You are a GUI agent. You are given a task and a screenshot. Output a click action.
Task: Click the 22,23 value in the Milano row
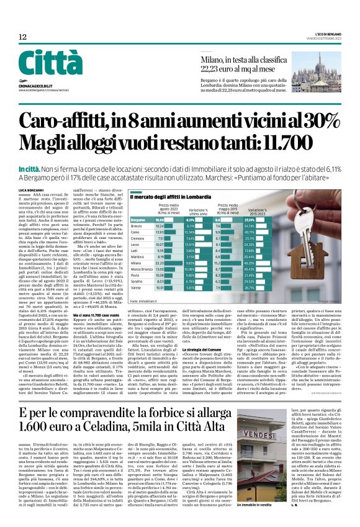tap(160, 262)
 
